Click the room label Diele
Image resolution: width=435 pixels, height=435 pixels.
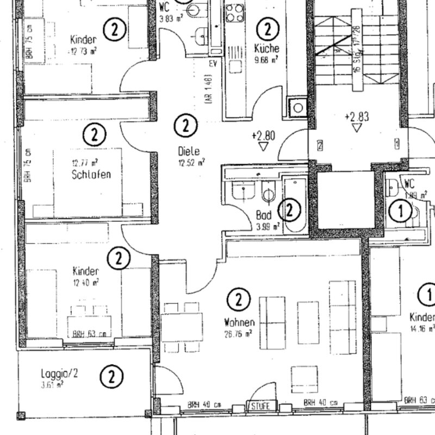(188, 151)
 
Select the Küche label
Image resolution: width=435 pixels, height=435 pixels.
(266, 48)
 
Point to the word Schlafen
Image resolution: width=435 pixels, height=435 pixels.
(91, 175)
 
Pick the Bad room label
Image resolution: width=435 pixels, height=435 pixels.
(264, 215)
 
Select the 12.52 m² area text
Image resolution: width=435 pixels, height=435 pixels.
(191, 161)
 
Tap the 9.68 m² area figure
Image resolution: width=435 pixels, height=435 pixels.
(266, 59)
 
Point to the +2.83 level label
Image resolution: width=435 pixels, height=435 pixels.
(357, 116)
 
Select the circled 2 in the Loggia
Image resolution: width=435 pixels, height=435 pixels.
(112, 376)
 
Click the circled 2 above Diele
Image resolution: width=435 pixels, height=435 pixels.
(186, 126)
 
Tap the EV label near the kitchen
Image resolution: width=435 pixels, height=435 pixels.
(213, 63)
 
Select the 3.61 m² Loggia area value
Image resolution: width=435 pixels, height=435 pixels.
(52, 384)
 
